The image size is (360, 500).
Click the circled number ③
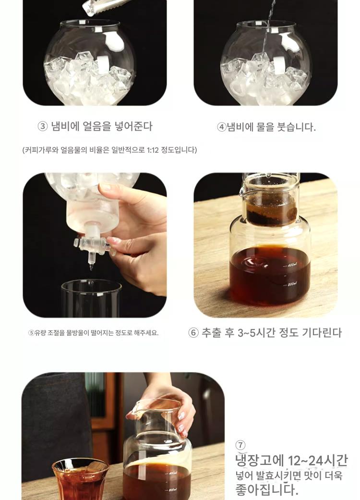click(x=42, y=127)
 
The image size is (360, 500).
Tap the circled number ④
click(x=222, y=127)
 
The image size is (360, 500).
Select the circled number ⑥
click(x=193, y=332)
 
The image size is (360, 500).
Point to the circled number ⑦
click(x=240, y=445)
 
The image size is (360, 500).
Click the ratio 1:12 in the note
click(x=153, y=150)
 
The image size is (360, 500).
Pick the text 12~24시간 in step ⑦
click(x=318, y=461)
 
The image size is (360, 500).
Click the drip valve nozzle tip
click(x=91, y=267)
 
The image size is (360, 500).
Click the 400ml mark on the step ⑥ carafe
click(x=291, y=265)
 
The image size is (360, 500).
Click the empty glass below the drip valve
click(x=91, y=298)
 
